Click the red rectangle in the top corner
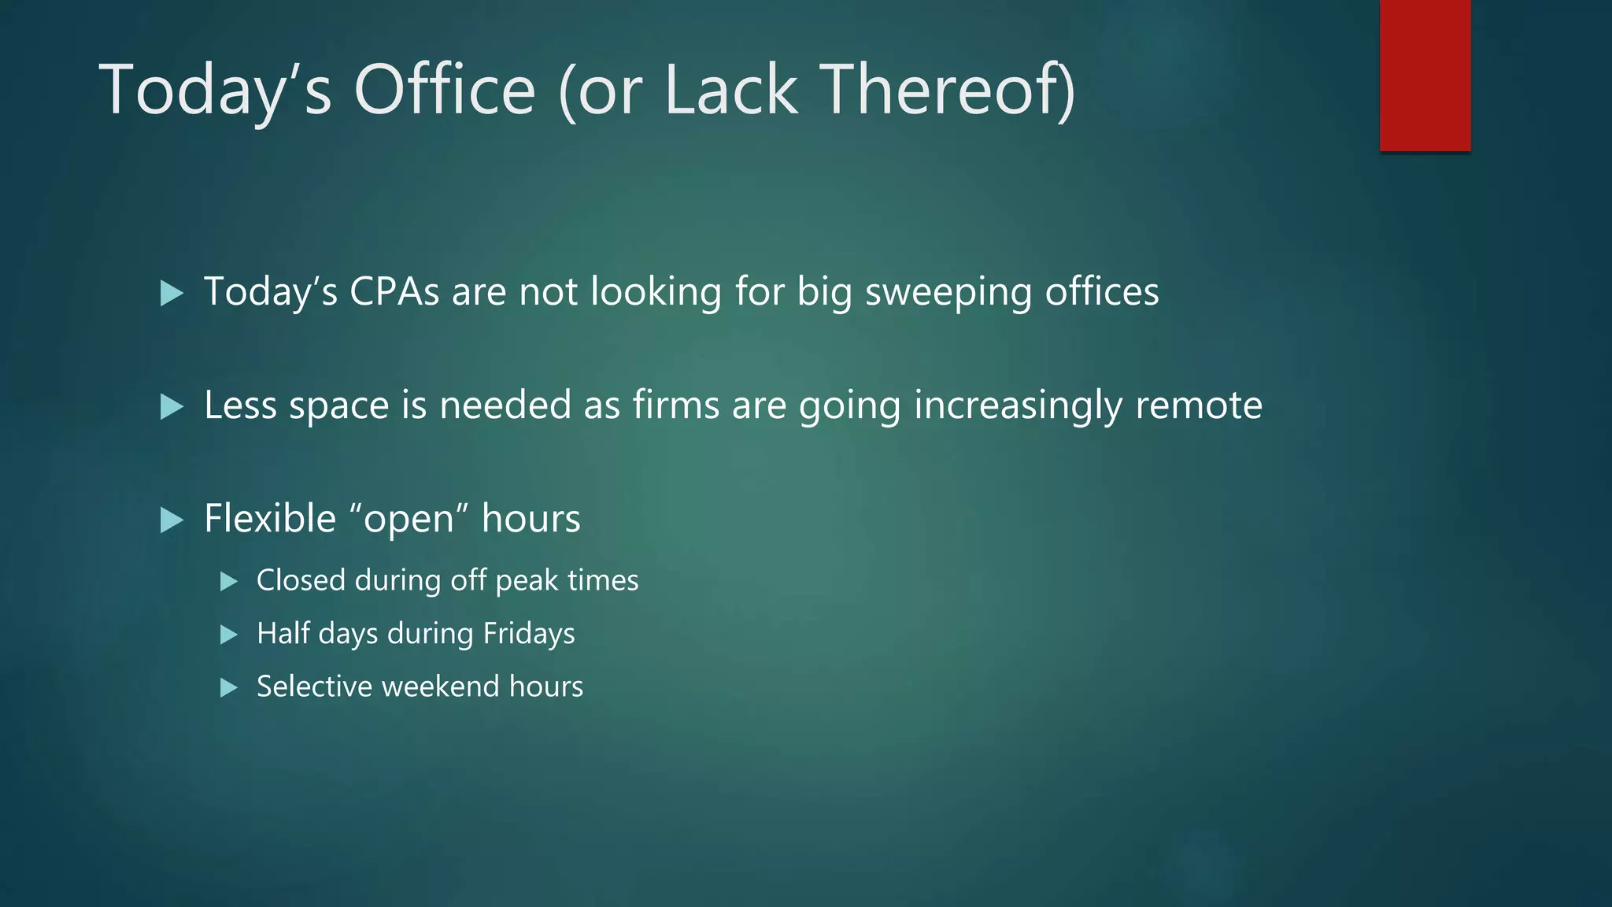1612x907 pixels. [1425, 76]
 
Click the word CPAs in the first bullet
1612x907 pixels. [394, 291]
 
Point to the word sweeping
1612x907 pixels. [948, 293]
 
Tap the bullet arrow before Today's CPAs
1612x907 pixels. [171, 294]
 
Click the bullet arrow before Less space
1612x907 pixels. [171, 407]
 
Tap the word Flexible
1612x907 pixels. [270, 519]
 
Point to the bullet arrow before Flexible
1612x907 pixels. [171, 520]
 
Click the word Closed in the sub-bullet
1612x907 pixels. [301, 580]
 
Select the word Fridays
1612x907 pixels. [528, 634]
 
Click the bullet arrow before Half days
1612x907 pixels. [228, 635]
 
